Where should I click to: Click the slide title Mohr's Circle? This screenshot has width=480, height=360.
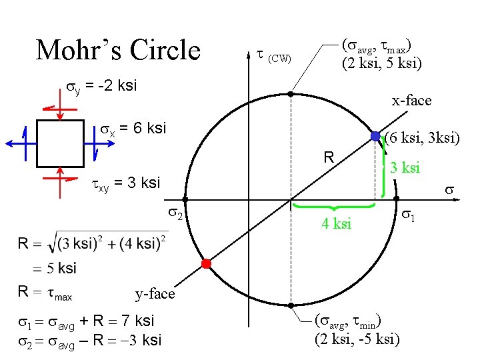point(118,50)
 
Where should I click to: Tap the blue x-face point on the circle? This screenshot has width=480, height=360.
point(376,137)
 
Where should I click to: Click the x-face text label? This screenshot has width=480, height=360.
point(411,101)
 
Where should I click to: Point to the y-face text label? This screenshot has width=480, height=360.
point(155,293)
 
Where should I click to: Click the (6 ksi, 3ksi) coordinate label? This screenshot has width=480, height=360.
point(422,139)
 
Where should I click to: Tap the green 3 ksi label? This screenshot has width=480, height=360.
point(405,167)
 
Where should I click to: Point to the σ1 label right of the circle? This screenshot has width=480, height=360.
point(407,216)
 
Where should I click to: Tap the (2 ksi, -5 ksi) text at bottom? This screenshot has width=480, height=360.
point(357,339)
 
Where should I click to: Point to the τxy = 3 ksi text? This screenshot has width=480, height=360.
point(125,182)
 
